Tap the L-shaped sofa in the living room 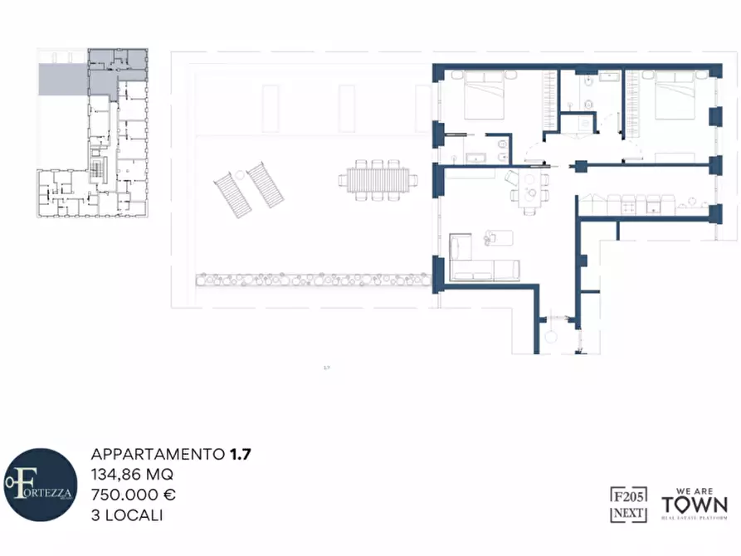[x=481, y=264]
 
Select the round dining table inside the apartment [x=528, y=196]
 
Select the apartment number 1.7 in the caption [x=241, y=454]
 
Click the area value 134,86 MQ [x=132, y=474]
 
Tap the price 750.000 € [x=133, y=495]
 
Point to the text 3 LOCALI [x=127, y=515]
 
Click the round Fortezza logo [x=40, y=486]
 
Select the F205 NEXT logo [x=628, y=504]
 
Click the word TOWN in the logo [x=695, y=505]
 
